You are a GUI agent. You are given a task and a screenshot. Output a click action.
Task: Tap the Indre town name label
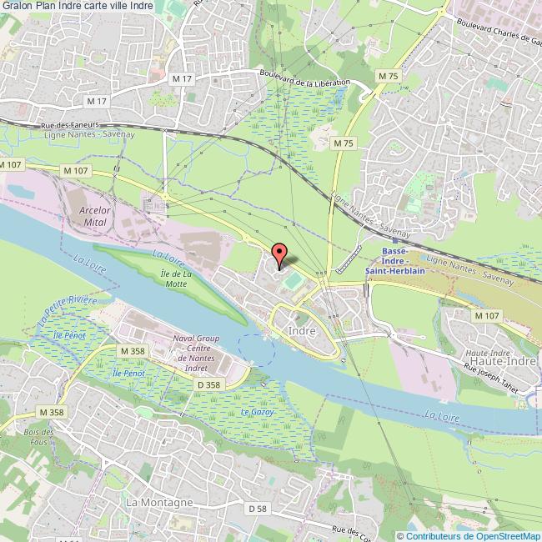coord(300,331)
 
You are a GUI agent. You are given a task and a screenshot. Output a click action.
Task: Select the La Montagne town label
coord(158,503)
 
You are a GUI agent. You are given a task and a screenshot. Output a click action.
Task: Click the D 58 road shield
coord(257,508)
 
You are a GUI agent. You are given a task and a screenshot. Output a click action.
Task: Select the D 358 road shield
coord(210,384)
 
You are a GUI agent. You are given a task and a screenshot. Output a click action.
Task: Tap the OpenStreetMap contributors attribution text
coord(469,535)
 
